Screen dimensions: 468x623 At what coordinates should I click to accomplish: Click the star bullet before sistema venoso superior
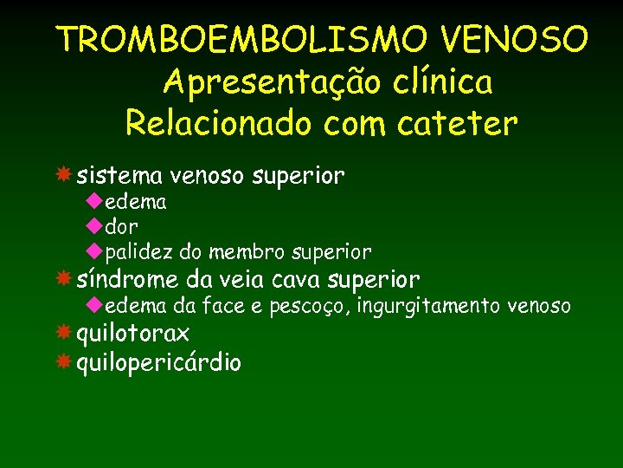(63, 176)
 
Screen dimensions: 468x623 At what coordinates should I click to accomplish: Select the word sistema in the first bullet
(119, 177)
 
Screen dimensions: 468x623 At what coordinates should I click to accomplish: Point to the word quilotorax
(133, 335)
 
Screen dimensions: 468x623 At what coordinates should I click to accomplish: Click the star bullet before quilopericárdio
(63, 362)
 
